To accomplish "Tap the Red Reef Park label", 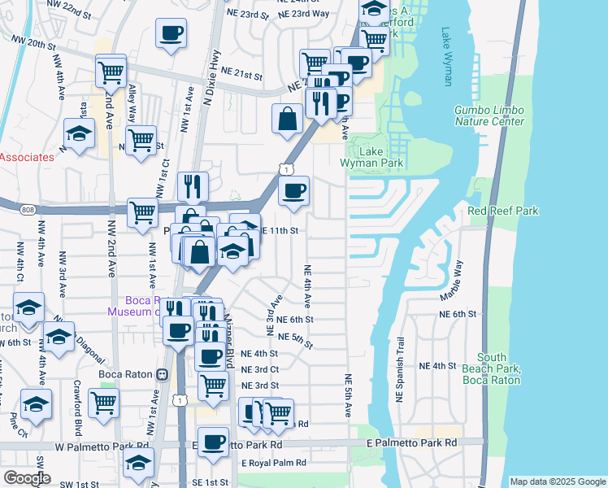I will pyautogui.click(x=503, y=211).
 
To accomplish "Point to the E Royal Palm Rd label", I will pyautogui.click(x=274, y=463).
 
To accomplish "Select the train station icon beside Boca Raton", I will pyautogui.click(x=163, y=375).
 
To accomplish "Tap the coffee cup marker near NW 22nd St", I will pyautogui.click(x=171, y=35).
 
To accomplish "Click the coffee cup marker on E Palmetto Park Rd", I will pyautogui.click(x=213, y=443).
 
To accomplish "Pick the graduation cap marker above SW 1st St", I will pyautogui.click(x=139, y=464).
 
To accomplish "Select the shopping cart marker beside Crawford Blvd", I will pyautogui.click(x=103, y=403).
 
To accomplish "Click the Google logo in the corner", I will pyautogui.click(x=26, y=478).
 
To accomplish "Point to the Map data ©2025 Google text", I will pyautogui.click(x=557, y=481).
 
